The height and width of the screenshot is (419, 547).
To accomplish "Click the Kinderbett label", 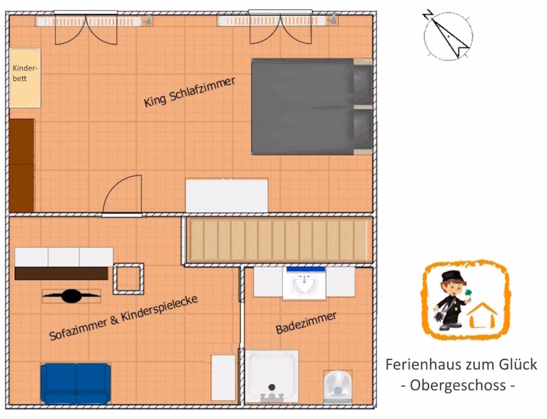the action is tap(25, 73).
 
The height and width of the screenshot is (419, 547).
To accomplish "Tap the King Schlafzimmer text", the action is tap(190, 92).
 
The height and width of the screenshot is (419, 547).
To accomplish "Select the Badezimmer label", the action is tap(306, 323).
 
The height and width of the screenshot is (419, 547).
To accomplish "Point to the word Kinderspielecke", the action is tap(159, 308).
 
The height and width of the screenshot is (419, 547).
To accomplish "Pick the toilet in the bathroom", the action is tap(338, 387).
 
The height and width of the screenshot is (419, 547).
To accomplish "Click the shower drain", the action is tap(272, 387).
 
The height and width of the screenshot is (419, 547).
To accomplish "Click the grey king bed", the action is tap(312, 107).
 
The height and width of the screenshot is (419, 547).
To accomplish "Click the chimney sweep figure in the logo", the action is tap(450, 301).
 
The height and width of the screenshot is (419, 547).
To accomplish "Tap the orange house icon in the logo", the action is tap(482, 316).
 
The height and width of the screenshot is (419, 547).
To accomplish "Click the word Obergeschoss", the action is tap(458, 385).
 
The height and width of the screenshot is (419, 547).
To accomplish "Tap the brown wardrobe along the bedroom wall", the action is tap(22, 166).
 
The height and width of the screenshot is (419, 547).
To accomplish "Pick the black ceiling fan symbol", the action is tap(71, 296).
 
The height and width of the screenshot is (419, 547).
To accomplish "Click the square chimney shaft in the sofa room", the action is tap(128, 279).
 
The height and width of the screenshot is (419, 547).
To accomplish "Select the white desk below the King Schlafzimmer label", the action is tap(227, 195).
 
